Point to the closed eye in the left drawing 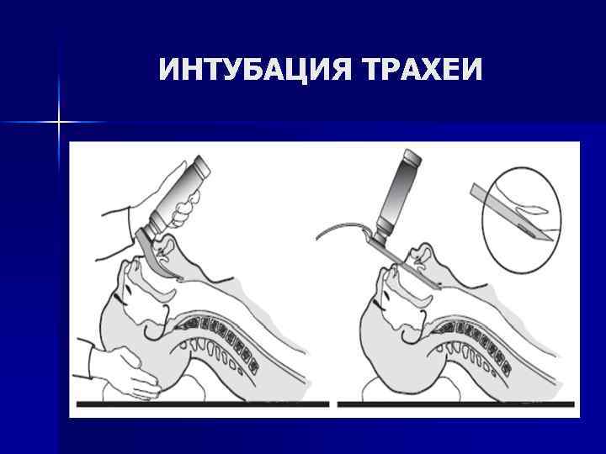pyautogui.click(x=126, y=294)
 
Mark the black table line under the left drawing pyautogui.click(x=202, y=404)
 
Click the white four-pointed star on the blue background pyautogui.click(x=59, y=123)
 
